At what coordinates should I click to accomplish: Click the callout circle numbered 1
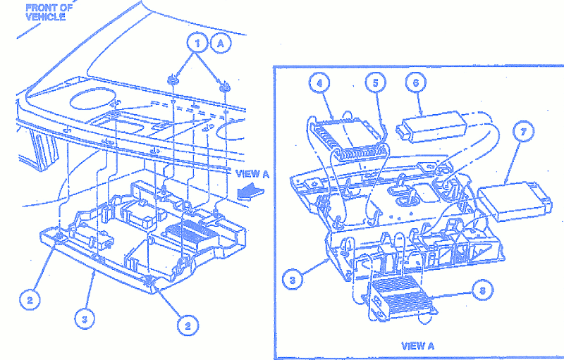(x=197, y=44)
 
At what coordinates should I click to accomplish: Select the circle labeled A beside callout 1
(x=221, y=44)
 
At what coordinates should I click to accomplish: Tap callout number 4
(x=319, y=83)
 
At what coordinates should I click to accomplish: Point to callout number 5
(x=376, y=83)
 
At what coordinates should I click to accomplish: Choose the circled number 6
(x=416, y=83)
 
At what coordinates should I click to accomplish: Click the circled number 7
(x=524, y=132)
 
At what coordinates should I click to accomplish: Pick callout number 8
(x=482, y=290)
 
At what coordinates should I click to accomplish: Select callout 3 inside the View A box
(x=293, y=280)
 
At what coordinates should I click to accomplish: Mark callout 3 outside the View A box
(x=85, y=318)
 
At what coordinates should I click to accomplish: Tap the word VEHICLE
(x=46, y=17)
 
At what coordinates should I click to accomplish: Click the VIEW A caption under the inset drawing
(x=417, y=346)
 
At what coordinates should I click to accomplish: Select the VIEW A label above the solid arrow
(x=252, y=174)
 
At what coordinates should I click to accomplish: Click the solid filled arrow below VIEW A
(x=250, y=191)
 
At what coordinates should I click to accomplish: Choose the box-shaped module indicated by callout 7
(x=515, y=201)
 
